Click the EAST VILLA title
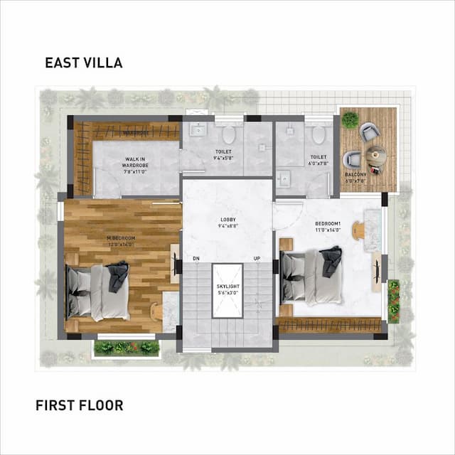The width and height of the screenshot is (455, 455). coord(84,63)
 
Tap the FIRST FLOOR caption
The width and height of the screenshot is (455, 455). coord(79,405)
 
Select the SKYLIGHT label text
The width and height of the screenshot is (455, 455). coord(227,288)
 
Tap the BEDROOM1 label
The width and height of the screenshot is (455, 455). coord(328,227)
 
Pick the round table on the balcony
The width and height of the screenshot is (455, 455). coord(375,154)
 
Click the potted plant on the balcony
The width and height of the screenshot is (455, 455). coord(350,119)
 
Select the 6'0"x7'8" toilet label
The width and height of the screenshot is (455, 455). coord(318,161)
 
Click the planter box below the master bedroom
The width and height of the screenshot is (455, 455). coord(127,348)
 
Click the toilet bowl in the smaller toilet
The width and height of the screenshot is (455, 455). coord(318,133)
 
